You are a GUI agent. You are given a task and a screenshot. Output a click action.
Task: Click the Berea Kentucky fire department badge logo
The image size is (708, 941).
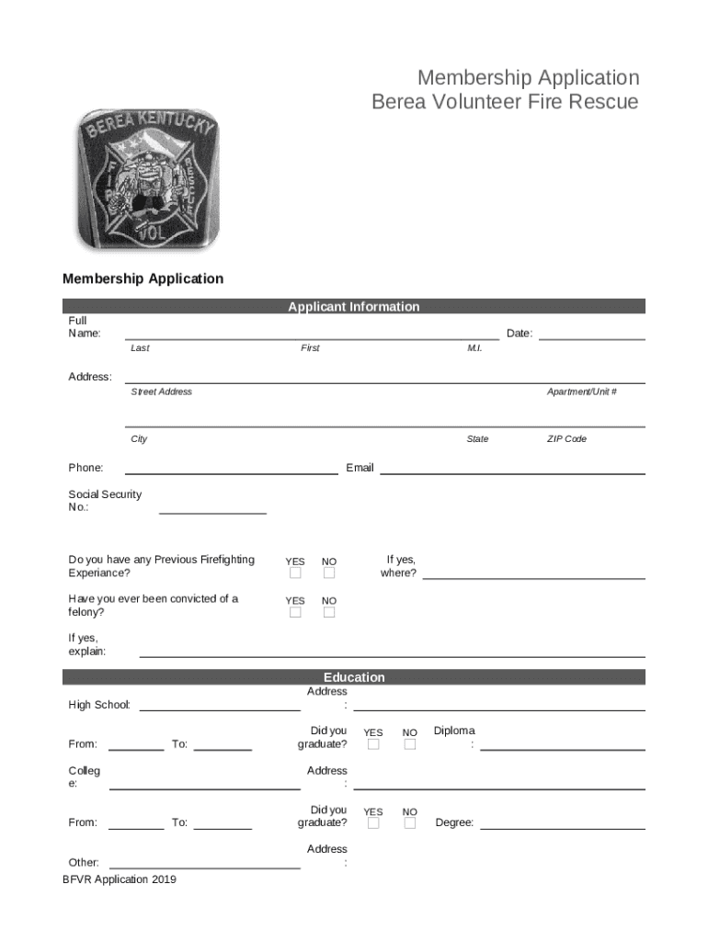click(x=147, y=180)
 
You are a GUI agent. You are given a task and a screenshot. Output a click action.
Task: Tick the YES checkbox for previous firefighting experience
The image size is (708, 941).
click(x=295, y=573)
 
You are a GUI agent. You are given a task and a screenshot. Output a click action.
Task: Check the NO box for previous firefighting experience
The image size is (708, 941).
click(x=329, y=573)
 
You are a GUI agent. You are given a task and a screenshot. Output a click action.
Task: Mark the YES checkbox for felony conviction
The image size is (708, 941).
click(x=295, y=613)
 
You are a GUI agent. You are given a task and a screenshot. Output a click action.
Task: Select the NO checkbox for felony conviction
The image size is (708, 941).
click(x=329, y=613)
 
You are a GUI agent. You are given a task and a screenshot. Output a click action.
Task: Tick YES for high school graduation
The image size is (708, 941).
click(x=373, y=744)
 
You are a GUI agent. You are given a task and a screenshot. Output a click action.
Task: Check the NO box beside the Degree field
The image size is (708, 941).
click(x=410, y=823)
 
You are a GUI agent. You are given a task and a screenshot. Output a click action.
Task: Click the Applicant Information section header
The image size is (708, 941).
click(x=353, y=307)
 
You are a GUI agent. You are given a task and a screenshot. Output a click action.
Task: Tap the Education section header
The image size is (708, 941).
click(x=353, y=677)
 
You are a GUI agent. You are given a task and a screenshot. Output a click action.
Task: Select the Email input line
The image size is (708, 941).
click(x=512, y=472)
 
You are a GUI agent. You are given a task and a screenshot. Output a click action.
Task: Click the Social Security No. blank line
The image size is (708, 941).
click(x=212, y=512)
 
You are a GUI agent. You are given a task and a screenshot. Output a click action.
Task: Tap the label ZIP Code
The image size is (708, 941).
click(x=566, y=439)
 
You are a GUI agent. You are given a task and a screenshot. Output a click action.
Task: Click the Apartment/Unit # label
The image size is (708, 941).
click(x=581, y=392)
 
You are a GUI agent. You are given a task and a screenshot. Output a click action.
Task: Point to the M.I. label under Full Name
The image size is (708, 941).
click(x=474, y=349)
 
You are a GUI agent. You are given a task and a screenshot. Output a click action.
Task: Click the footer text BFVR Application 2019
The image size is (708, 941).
click(x=120, y=879)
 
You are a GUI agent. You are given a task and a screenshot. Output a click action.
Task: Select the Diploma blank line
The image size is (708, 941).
click(x=562, y=749)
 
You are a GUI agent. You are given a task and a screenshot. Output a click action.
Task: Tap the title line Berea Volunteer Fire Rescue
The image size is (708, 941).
click(x=504, y=102)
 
